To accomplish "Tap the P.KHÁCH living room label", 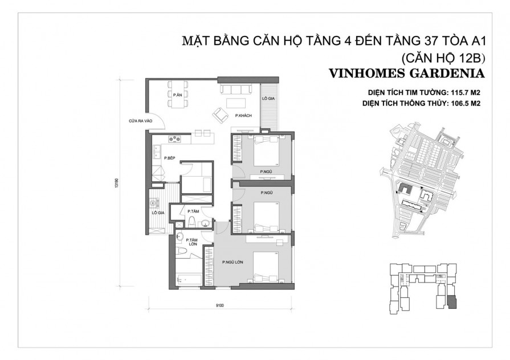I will pyautogui.click(x=243, y=115).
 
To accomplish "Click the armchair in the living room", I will pyautogui.click(x=219, y=114).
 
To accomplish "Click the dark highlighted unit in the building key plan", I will pyautogui.click(x=451, y=300).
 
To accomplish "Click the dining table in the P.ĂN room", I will pyautogui.click(x=177, y=94).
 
